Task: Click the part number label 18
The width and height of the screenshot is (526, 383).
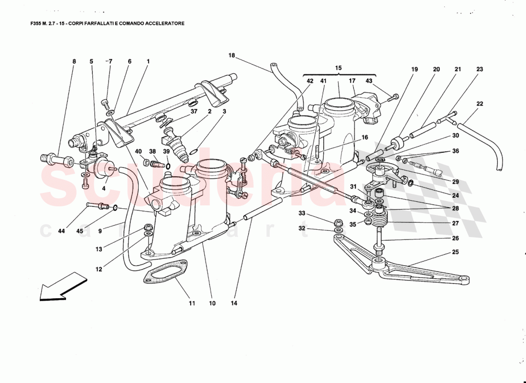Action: click(231, 56)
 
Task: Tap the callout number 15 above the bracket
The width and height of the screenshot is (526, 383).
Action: click(339, 68)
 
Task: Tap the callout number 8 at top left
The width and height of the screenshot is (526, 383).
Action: click(74, 62)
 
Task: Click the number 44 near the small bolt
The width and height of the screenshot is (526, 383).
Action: click(61, 231)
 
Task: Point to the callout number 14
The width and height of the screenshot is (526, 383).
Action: click(235, 303)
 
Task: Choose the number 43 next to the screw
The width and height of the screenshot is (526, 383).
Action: click(369, 81)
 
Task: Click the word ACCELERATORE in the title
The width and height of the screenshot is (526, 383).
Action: click(160, 23)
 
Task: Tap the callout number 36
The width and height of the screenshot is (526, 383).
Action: click(455, 152)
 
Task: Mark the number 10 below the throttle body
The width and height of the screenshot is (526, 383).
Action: click(212, 303)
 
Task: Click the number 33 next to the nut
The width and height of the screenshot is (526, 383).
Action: click(302, 213)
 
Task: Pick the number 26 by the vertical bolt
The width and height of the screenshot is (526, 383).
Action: click(455, 238)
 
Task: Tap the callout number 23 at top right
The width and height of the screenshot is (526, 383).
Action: click(480, 69)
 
